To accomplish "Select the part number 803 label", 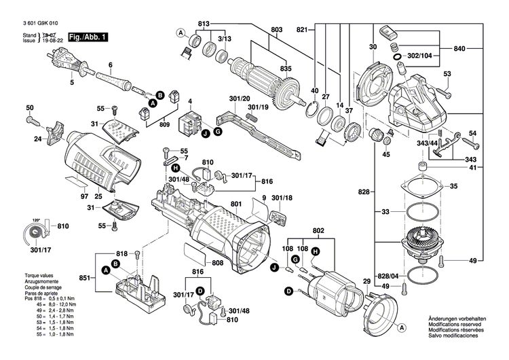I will (x=276, y=29).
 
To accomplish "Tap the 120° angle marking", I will (x=35, y=221).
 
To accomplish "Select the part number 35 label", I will (x=454, y=185).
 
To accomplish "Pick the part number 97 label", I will (x=85, y=196).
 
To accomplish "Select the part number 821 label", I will (x=302, y=29).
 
